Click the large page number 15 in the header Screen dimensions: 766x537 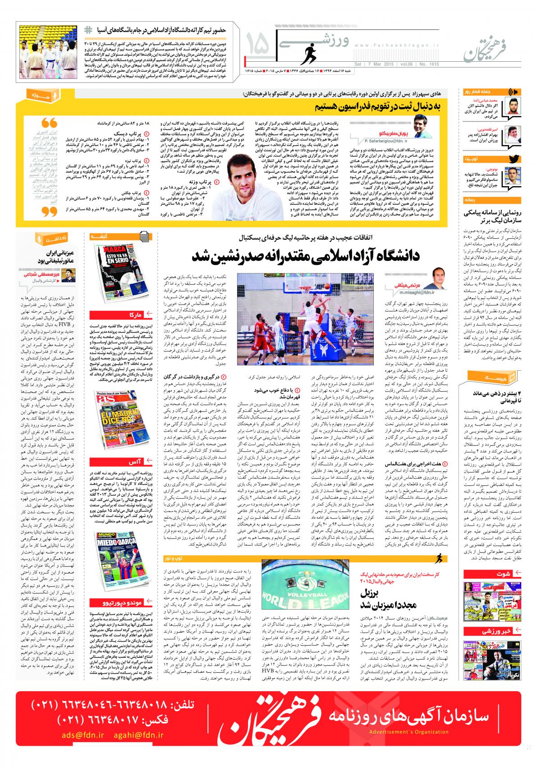pos(258,46)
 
